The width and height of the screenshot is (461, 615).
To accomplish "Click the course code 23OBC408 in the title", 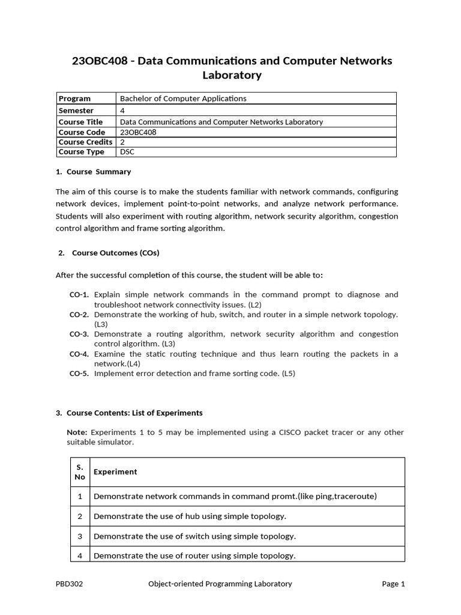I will (100, 61).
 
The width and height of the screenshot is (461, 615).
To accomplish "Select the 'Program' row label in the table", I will (74, 98).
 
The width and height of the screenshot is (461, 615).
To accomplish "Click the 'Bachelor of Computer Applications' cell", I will (183, 98).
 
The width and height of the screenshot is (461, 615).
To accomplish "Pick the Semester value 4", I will (122, 111).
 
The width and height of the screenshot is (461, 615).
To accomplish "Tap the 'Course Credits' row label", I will (85, 142).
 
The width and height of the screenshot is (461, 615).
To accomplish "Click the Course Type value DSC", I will (127, 152).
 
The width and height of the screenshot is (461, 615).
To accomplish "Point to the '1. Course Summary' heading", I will (93, 172).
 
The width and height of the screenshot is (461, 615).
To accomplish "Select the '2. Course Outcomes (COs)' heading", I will (109, 253).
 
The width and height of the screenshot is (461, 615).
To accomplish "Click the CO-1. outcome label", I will (79, 295).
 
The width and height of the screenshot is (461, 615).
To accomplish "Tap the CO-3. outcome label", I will (79, 335).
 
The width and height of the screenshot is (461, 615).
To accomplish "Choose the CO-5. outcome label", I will (79, 374).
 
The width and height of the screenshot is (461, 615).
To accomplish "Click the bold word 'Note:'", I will (77, 432).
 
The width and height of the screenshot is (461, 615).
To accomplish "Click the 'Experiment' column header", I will (115, 472).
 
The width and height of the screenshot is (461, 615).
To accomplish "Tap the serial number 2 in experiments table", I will (80, 517).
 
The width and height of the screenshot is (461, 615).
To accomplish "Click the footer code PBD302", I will (69, 584).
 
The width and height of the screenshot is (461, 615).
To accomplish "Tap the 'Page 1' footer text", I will (393, 584).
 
